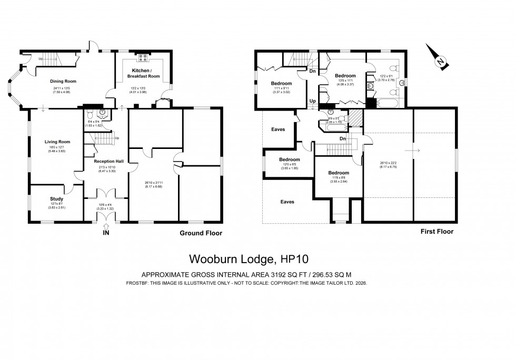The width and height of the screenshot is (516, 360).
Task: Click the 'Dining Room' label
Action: [x=63, y=81]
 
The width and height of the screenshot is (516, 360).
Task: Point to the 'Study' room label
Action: [x=56, y=199]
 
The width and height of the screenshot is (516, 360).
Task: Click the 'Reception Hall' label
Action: [x=108, y=161]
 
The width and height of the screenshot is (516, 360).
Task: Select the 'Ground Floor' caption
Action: [x=201, y=233]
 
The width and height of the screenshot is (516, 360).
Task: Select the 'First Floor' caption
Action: [x=436, y=231]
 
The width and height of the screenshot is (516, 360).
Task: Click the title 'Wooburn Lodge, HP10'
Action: [x=249, y=259]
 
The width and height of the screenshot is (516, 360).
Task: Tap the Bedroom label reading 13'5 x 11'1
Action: [x=345, y=76]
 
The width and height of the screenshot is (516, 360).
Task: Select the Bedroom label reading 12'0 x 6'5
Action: [x=289, y=159]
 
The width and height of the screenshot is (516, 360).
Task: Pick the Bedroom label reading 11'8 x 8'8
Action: [x=338, y=173]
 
